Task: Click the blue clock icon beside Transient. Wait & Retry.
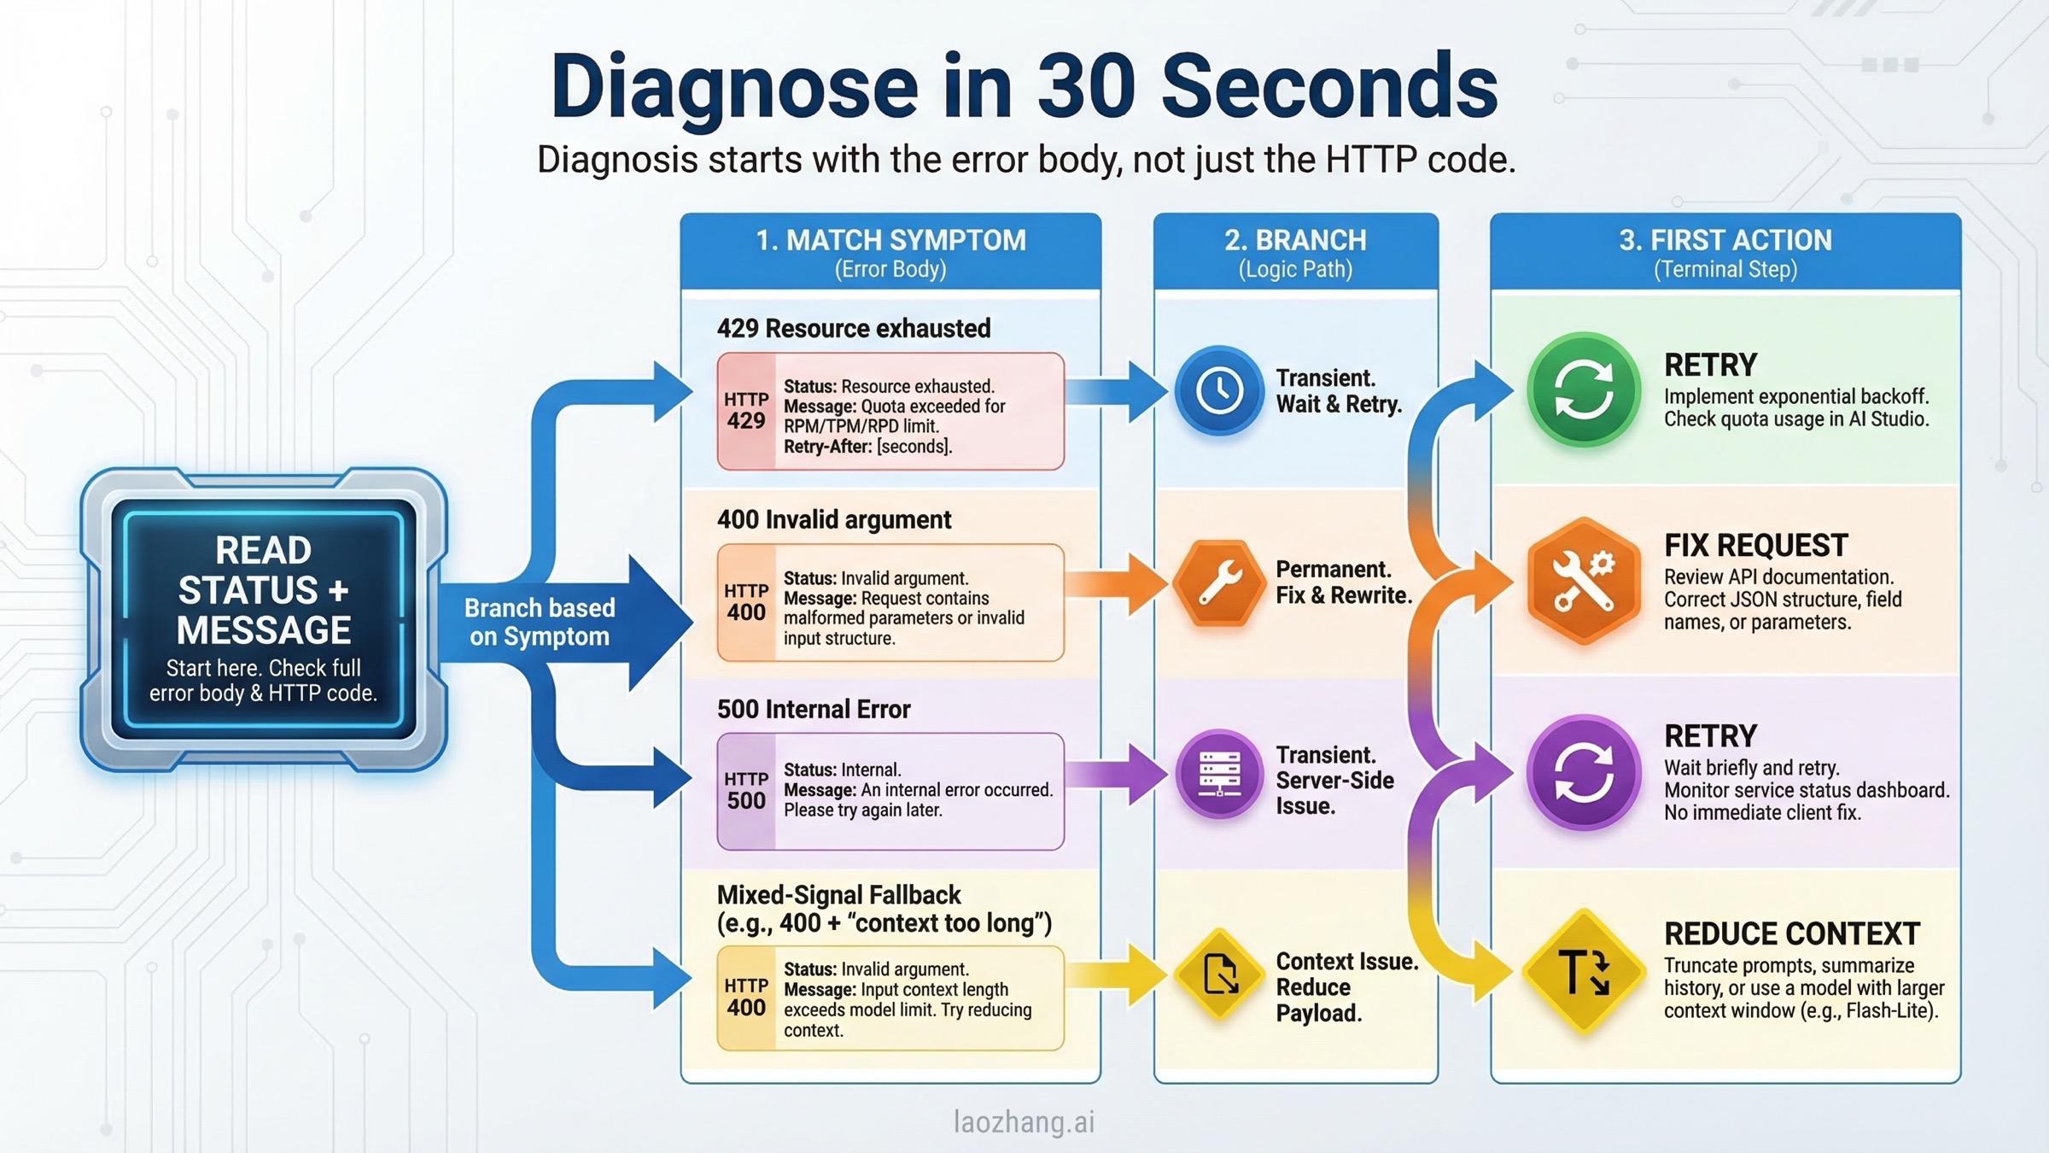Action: tap(1218, 391)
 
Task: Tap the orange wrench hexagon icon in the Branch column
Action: tap(1218, 583)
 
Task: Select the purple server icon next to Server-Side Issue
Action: tap(1218, 774)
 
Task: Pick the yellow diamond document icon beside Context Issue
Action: tap(1219, 974)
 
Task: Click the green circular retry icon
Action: tap(1584, 390)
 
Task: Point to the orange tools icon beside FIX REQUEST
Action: tap(1584, 581)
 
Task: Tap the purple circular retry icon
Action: tap(1584, 772)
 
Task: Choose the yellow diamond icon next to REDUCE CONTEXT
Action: tap(1584, 973)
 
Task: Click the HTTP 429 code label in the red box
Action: tap(746, 411)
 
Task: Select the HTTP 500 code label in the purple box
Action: tap(746, 791)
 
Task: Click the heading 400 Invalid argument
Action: tap(833, 519)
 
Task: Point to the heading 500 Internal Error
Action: tap(813, 709)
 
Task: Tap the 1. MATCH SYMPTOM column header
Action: tap(890, 241)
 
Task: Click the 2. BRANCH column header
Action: tap(1295, 241)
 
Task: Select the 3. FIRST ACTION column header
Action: tap(1725, 241)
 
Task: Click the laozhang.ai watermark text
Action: tap(1024, 1121)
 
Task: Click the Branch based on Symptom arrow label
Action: tap(540, 622)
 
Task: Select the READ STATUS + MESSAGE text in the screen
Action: tap(263, 589)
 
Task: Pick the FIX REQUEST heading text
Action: tap(1755, 545)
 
